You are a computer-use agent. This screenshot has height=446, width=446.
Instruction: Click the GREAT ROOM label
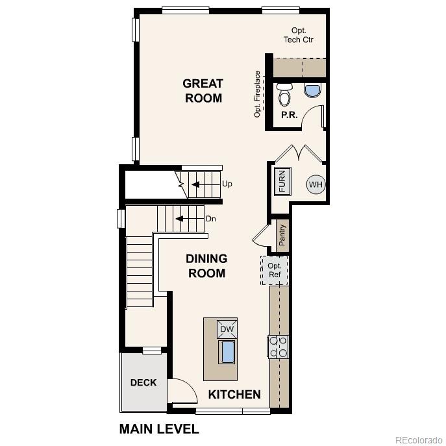(x=203, y=91)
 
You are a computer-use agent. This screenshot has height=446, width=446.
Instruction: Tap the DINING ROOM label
(x=206, y=266)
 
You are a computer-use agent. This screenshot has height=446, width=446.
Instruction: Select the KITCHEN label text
(x=234, y=394)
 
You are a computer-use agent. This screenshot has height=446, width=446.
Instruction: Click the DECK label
(x=143, y=382)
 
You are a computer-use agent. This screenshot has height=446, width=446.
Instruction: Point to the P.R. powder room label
(x=289, y=115)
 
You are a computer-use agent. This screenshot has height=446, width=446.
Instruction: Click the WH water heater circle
(x=316, y=184)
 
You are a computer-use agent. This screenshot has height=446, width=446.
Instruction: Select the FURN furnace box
(x=282, y=181)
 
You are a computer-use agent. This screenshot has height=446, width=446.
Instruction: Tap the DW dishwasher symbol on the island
(x=227, y=329)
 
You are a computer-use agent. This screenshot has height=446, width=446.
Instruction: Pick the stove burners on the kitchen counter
(x=279, y=347)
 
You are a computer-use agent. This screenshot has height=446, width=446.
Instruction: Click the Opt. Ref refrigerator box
(x=275, y=270)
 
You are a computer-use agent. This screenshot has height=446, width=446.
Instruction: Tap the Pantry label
(x=282, y=234)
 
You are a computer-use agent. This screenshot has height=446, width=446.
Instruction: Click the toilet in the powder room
(x=284, y=95)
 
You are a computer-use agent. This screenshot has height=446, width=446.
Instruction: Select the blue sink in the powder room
(x=312, y=90)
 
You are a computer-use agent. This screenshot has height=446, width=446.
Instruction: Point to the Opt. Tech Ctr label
(x=299, y=35)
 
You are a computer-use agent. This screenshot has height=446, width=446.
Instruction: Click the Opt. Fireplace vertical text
(x=258, y=94)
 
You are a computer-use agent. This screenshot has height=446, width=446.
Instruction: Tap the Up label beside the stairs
(x=227, y=184)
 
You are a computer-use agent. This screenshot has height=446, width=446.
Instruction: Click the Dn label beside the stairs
(x=210, y=219)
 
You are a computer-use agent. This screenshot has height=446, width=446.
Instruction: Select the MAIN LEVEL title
(x=159, y=429)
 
